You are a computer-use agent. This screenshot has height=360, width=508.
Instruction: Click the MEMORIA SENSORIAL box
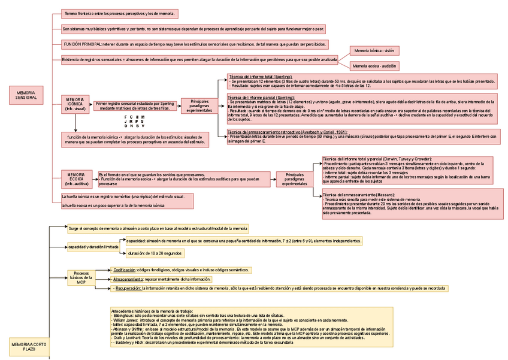(x=26, y=95)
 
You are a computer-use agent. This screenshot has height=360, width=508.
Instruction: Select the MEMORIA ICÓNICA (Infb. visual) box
(x=75, y=104)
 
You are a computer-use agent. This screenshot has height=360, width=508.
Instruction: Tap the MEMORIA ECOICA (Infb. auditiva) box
(x=76, y=179)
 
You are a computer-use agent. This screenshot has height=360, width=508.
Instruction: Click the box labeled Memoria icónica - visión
(x=374, y=51)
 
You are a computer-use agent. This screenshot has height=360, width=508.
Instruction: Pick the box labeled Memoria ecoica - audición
(x=374, y=66)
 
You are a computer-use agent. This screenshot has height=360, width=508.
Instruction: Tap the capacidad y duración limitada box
(x=93, y=247)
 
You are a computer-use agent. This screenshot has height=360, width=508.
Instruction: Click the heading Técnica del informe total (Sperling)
(x=260, y=77)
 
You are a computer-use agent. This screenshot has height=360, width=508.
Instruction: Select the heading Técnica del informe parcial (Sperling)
(x=261, y=97)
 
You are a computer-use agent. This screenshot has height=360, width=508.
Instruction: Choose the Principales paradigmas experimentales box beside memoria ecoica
(x=295, y=178)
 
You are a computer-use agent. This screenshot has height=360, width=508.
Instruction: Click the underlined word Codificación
(x=125, y=270)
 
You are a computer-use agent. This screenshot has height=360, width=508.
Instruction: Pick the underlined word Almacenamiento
(x=128, y=279)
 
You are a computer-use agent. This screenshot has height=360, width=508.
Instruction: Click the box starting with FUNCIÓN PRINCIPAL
(x=195, y=44)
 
